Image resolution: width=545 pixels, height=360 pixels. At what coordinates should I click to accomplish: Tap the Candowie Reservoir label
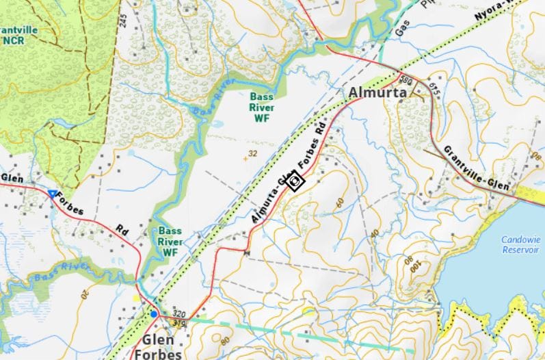click(520, 245)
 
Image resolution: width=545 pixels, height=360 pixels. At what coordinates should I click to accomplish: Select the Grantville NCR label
click(18, 36)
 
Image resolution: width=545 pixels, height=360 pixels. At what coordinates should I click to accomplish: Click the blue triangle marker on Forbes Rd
click(52, 194)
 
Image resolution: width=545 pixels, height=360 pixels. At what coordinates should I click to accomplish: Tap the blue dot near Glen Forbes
click(154, 314)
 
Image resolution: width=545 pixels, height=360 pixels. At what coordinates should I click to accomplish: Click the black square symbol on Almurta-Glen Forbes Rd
click(296, 182)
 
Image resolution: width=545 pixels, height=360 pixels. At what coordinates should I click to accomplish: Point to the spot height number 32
click(252, 154)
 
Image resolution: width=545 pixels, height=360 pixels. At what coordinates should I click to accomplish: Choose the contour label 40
click(374, 233)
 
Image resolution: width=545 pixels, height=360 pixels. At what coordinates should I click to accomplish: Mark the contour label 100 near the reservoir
click(414, 269)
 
